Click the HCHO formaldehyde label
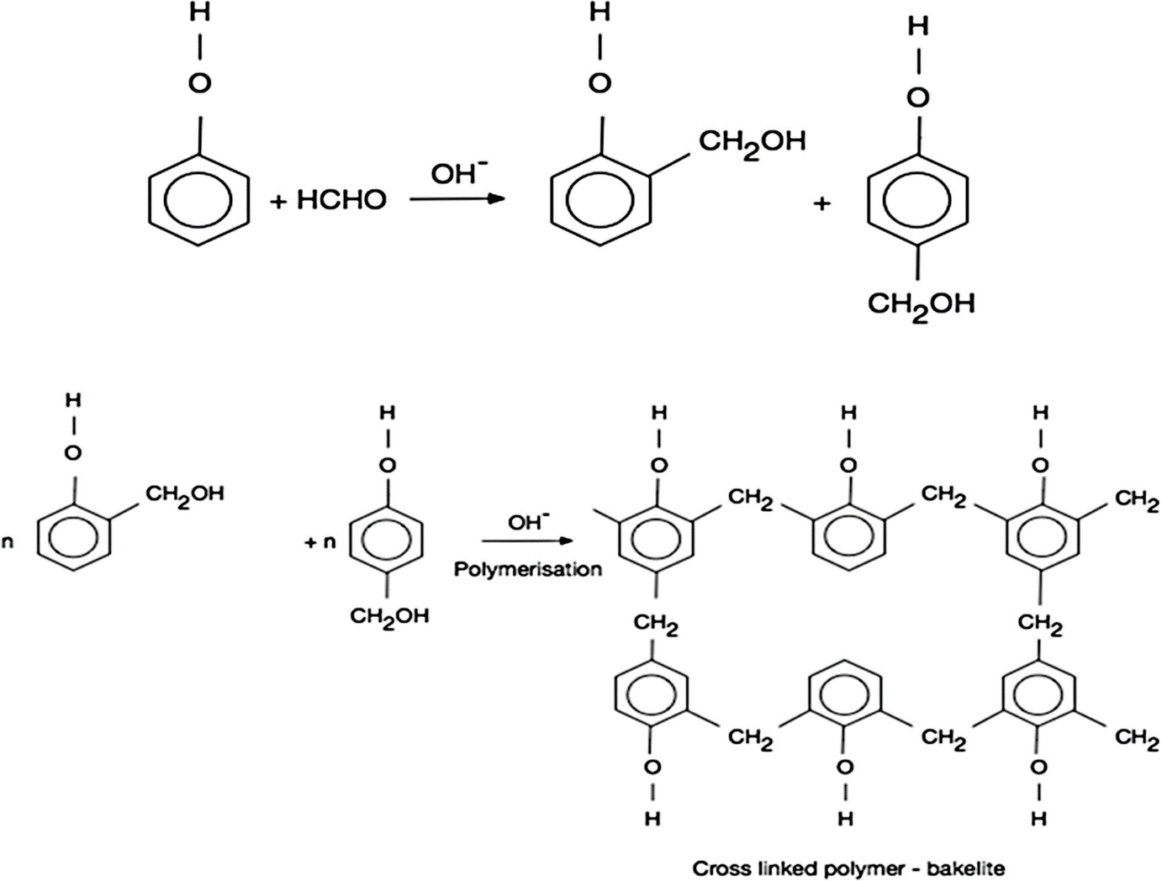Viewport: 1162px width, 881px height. [341, 200]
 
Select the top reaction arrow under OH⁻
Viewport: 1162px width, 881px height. [457, 199]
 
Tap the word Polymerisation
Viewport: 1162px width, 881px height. [528, 569]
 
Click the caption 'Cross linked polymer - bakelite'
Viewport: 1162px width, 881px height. [848, 868]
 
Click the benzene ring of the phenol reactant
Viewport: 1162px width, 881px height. [199, 199]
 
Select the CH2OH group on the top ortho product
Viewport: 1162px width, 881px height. [752, 141]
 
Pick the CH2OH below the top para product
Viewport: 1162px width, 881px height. [922, 303]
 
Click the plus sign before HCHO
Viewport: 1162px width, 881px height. [278, 201]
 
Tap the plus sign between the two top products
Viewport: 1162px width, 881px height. [821, 203]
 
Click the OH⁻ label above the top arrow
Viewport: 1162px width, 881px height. [458, 173]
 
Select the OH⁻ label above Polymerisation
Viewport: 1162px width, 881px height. [528, 522]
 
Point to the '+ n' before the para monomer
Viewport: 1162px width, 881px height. [320, 543]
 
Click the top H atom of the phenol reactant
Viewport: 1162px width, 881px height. [199, 15]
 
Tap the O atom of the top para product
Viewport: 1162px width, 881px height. [918, 98]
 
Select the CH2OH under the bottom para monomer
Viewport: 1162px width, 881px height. [389, 616]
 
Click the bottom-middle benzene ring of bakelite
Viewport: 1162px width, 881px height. [848, 696]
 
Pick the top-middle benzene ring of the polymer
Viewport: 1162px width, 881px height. [849, 538]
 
